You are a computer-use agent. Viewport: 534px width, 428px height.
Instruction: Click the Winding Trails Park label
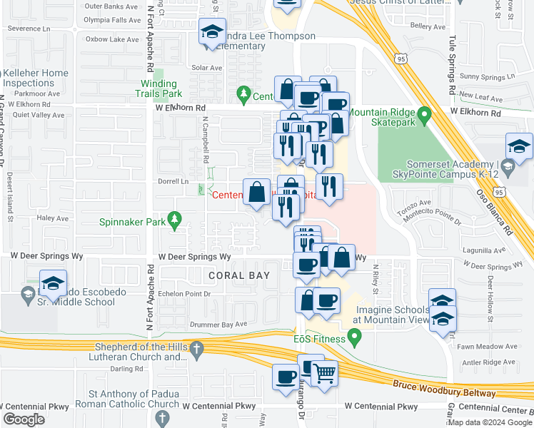pos(161,88)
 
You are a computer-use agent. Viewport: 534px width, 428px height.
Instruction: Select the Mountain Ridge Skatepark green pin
pos(424,114)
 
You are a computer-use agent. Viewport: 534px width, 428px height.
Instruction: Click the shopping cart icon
pos(324,373)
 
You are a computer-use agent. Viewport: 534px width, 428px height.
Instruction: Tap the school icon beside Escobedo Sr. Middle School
pos(54,284)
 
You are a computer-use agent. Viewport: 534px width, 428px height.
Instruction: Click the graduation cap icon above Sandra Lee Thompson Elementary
pos(212,32)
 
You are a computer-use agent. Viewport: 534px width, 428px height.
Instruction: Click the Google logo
pos(24,419)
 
